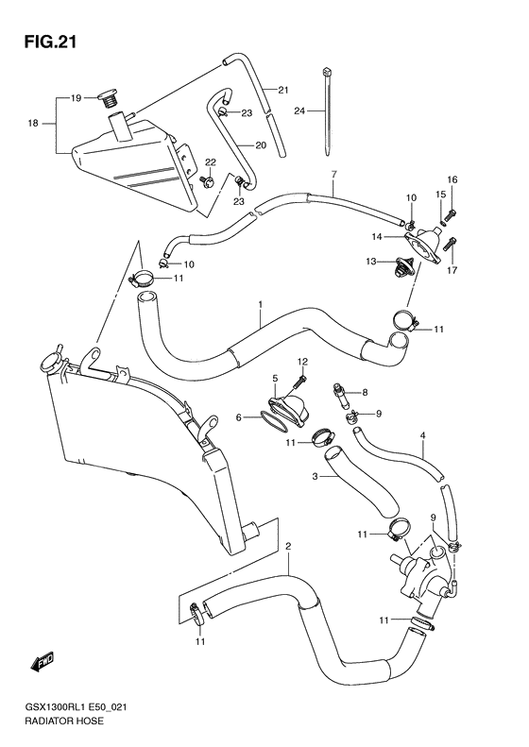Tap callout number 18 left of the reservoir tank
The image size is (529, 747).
click(x=33, y=124)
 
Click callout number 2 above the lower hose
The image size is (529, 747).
click(x=287, y=546)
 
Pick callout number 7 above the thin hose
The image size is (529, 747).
click(x=333, y=176)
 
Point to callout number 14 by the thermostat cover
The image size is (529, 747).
click(x=376, y=236)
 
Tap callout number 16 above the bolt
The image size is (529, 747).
click(x=452, y=179)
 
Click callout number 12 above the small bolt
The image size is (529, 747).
click(x=303, y=362)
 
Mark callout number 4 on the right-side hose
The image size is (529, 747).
click(x=422, y=435)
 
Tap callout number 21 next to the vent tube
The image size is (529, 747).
click(x=282, y=90)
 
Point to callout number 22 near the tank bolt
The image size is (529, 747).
click(x=211, y=161)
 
